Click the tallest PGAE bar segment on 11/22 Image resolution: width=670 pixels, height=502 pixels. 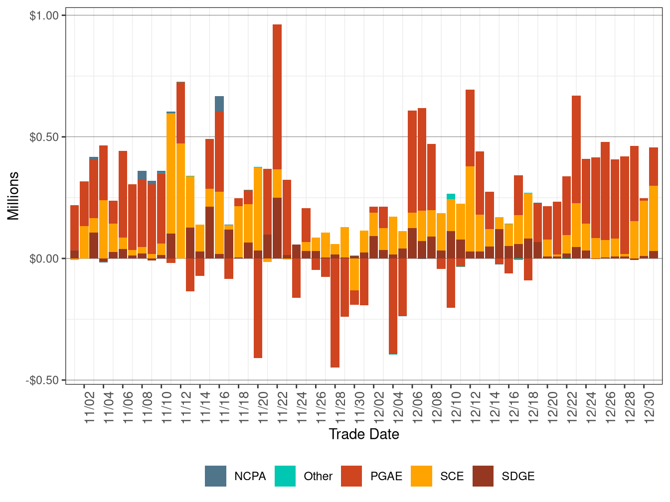277,97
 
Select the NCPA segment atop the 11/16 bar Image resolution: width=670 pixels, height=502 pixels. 219,104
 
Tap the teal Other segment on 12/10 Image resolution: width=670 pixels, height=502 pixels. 451,196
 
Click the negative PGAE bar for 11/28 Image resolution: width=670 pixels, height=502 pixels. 335,313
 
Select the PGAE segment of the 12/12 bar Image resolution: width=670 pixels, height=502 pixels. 470,128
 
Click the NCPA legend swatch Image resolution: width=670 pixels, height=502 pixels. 215,476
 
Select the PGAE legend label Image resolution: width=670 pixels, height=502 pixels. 386,476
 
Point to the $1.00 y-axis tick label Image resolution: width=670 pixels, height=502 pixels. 44,15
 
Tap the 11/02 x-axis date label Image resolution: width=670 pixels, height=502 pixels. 89,406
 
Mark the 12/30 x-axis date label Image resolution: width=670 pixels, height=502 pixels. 649,406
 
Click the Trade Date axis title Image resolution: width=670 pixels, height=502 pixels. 364,434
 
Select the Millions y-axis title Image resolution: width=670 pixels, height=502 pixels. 13,196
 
